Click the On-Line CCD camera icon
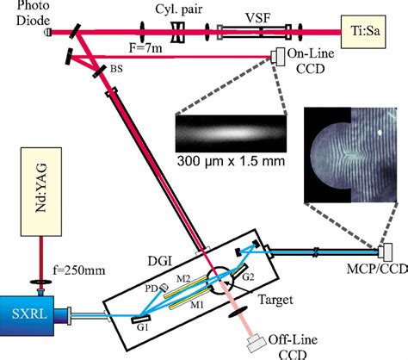coord(280,58)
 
